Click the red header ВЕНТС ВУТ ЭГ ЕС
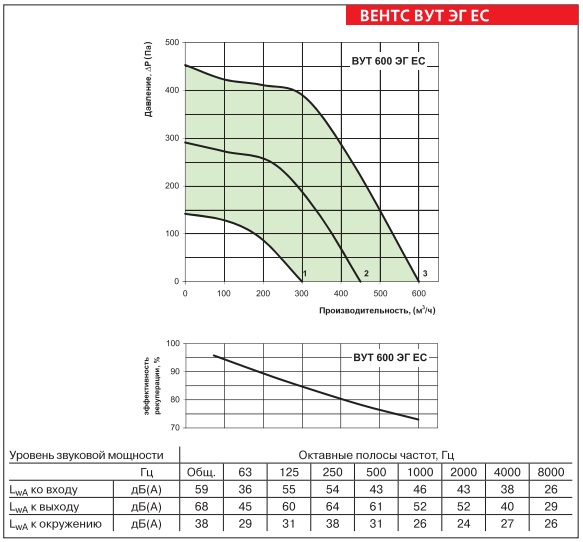[424, 16]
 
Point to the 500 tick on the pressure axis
[172, 42]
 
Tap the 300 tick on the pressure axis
[172, 138]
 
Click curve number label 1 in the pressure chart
[305, 274]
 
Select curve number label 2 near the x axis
[366, 274]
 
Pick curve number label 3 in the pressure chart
[425, 274]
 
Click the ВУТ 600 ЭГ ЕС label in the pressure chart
[388, 61]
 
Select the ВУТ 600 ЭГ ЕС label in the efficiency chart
[390, 358]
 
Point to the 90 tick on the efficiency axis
[175, 371]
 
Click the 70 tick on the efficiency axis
[175, 428]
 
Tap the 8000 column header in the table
[551, 472]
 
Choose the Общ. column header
[201, 472]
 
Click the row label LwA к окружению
[55, 524]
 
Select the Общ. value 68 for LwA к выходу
[202, 507]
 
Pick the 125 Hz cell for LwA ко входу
[289, 489]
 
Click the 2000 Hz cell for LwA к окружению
[464, 524]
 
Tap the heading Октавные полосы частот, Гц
[376, 455]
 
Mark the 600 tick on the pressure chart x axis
[419, 293]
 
